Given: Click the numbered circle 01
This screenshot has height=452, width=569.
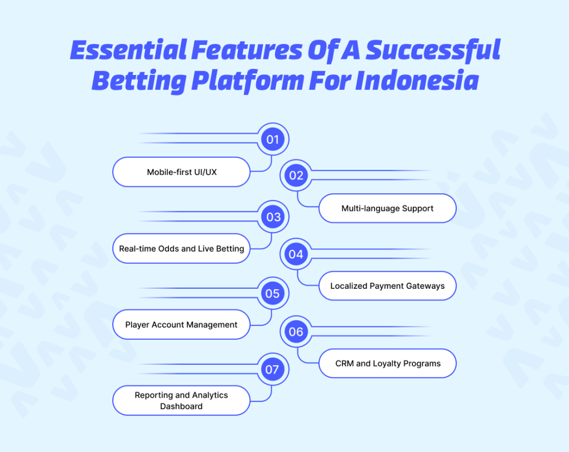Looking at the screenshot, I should click(x=272, y=139).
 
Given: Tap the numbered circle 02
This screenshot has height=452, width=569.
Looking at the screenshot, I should click(x=296, y=175).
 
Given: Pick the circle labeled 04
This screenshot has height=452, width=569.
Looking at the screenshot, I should click(x=296, y=254).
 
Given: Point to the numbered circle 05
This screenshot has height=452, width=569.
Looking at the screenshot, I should click(x=272, y=293).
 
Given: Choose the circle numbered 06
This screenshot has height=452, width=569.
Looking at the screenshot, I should click(x=296, y=332).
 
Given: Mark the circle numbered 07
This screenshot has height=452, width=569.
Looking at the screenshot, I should click(x=272, y=369).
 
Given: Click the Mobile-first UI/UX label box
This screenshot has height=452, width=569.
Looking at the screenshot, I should click(x=182, y=172).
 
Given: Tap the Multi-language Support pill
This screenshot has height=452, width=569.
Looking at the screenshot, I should click(x=387, y=209).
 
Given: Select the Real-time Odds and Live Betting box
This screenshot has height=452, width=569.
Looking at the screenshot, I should click(x=182, y=248).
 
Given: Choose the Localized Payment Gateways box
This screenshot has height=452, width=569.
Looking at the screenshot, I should click(x=387, y=286).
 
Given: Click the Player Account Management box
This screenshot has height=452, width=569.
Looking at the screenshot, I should click(x=182, y=325).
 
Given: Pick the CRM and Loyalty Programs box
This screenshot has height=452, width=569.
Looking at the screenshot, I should click(x=387, y=363).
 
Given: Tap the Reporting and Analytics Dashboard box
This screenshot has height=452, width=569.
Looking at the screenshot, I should click(x=182, y=400).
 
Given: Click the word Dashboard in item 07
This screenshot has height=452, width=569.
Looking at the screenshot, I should click(x=182, y=406).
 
